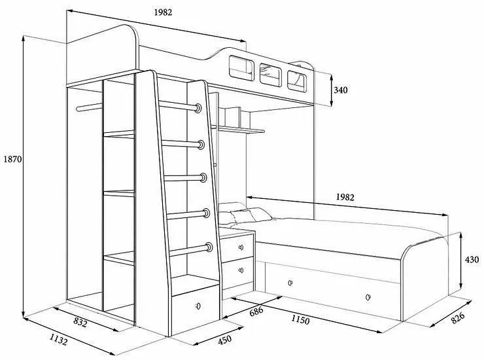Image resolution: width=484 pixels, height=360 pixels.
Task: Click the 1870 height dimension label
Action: point(12,159)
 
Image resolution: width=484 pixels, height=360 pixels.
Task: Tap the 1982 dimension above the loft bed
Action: point(163,12)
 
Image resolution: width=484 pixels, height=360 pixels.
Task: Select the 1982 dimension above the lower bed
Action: point(345,197)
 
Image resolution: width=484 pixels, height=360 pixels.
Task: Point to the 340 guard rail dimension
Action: point(341,90)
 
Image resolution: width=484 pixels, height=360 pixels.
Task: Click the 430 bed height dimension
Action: point(472,260)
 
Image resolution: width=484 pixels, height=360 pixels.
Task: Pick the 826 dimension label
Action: point(458,317)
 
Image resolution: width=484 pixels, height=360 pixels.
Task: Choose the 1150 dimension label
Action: point(300,320)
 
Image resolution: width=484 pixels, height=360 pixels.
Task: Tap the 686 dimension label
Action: point(256,311)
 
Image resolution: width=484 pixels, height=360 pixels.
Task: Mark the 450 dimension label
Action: point(225,340)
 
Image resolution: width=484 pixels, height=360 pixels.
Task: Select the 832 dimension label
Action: point(80,323)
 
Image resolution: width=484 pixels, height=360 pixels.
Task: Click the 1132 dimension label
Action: point(58,340)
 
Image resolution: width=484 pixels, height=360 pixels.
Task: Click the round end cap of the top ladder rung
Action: point(198,108)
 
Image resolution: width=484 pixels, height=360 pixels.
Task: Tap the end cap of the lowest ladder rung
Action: point(209,247)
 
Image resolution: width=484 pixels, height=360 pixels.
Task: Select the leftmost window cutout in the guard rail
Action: point(241,68)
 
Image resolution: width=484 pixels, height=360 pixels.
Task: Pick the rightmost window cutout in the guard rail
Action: point(297,81)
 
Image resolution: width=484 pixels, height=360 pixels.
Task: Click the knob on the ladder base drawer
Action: point(198,306)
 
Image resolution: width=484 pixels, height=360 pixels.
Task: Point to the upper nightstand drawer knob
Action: point(241,247)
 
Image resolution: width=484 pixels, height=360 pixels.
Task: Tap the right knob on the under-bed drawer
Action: point(368,297)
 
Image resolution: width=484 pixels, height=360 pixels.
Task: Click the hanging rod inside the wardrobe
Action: point(89,107)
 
